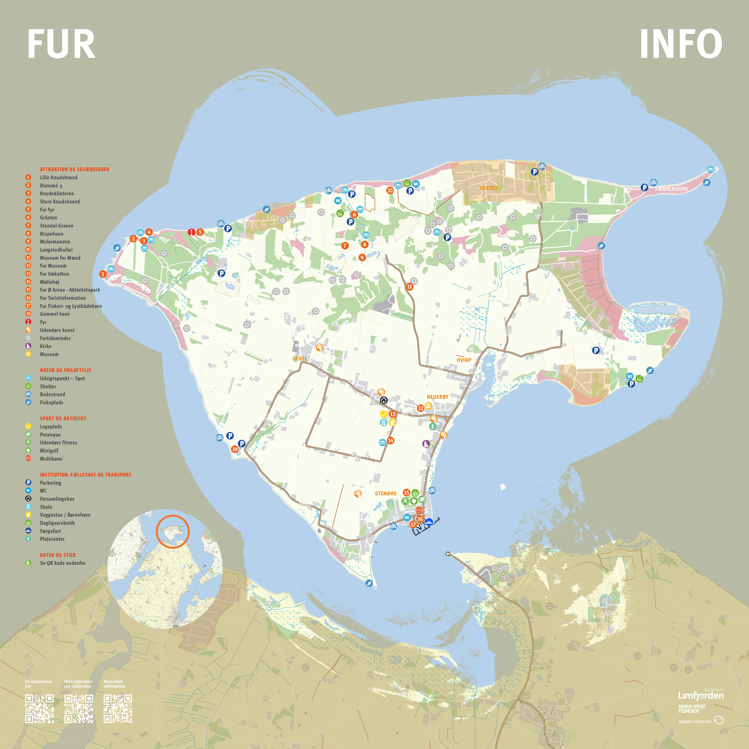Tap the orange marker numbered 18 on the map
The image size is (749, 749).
click(x=235, y=449)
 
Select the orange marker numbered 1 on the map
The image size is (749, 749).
click(x=103, y=274)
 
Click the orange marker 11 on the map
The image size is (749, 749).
click(x=409, y=287)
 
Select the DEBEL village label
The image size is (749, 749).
click(x=300, y=359)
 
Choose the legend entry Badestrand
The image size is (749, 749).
click(x=52, y=394)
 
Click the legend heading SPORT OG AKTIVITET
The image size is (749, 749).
click(x=63, y=418)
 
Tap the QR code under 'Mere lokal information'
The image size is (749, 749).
click(x=118, y=709)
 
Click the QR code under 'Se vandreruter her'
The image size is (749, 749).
click(x=39, y=709)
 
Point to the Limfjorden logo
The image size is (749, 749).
click(x=701, y=695)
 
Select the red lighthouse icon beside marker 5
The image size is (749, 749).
click(x=191, y=232)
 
